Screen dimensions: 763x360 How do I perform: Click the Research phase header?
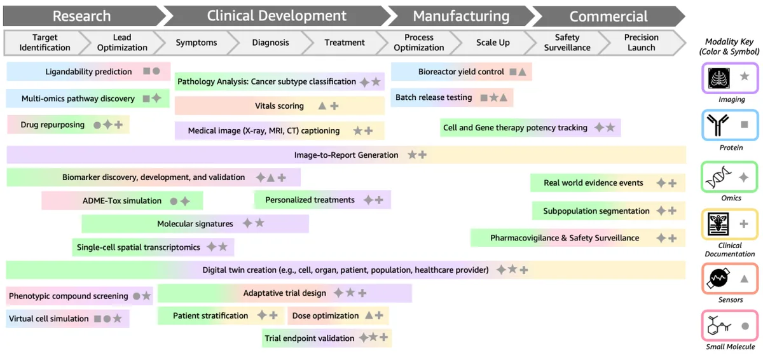(82, 16)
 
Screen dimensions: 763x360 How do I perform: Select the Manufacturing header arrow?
(462, 16)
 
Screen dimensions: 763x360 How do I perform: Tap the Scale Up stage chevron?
(493, 43)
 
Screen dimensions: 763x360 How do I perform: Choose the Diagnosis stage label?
(270, 43)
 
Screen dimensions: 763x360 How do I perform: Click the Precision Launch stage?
(642, 43)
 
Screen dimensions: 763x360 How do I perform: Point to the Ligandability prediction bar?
(88, 71)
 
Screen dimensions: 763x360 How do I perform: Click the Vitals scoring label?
(279, 106)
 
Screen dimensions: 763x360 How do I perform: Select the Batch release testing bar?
(452, 97)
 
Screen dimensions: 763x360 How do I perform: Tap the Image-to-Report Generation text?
(346, 155)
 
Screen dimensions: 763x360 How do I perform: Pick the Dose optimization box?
(338, 315)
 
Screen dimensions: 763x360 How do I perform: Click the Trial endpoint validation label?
(310, 338)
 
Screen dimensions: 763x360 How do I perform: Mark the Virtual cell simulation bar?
(68, 319)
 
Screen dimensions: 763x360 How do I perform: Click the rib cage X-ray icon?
(719, 78)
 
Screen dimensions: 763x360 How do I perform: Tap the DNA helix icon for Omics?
(718, 177)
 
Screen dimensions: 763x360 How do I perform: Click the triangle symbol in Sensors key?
(745, 279)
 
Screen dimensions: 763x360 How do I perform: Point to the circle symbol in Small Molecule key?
(745, 326)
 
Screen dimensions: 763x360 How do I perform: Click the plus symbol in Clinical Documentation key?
(744, 224)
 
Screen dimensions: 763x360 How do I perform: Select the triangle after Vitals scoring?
(322, 106)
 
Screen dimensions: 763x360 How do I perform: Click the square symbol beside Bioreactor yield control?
(512, 71)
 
